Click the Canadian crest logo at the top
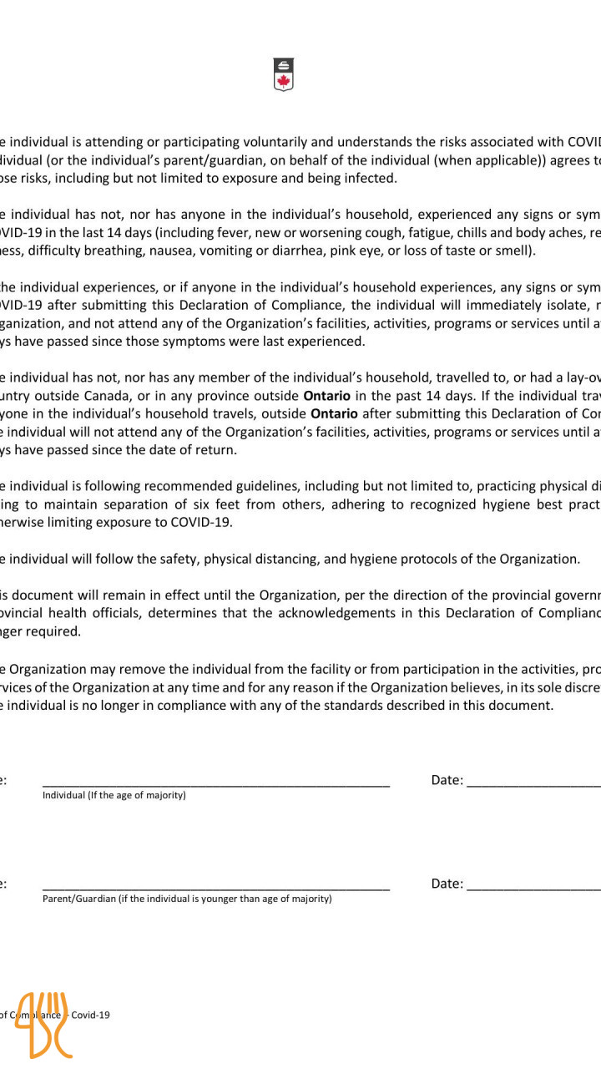pos(284,73)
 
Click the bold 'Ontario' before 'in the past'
pos(326,395)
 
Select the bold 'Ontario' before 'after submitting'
pos(334,413)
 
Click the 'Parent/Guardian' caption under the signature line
pos(78,899)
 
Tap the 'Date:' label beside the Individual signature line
pos(447,780)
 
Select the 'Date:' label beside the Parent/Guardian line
pos(447,884)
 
